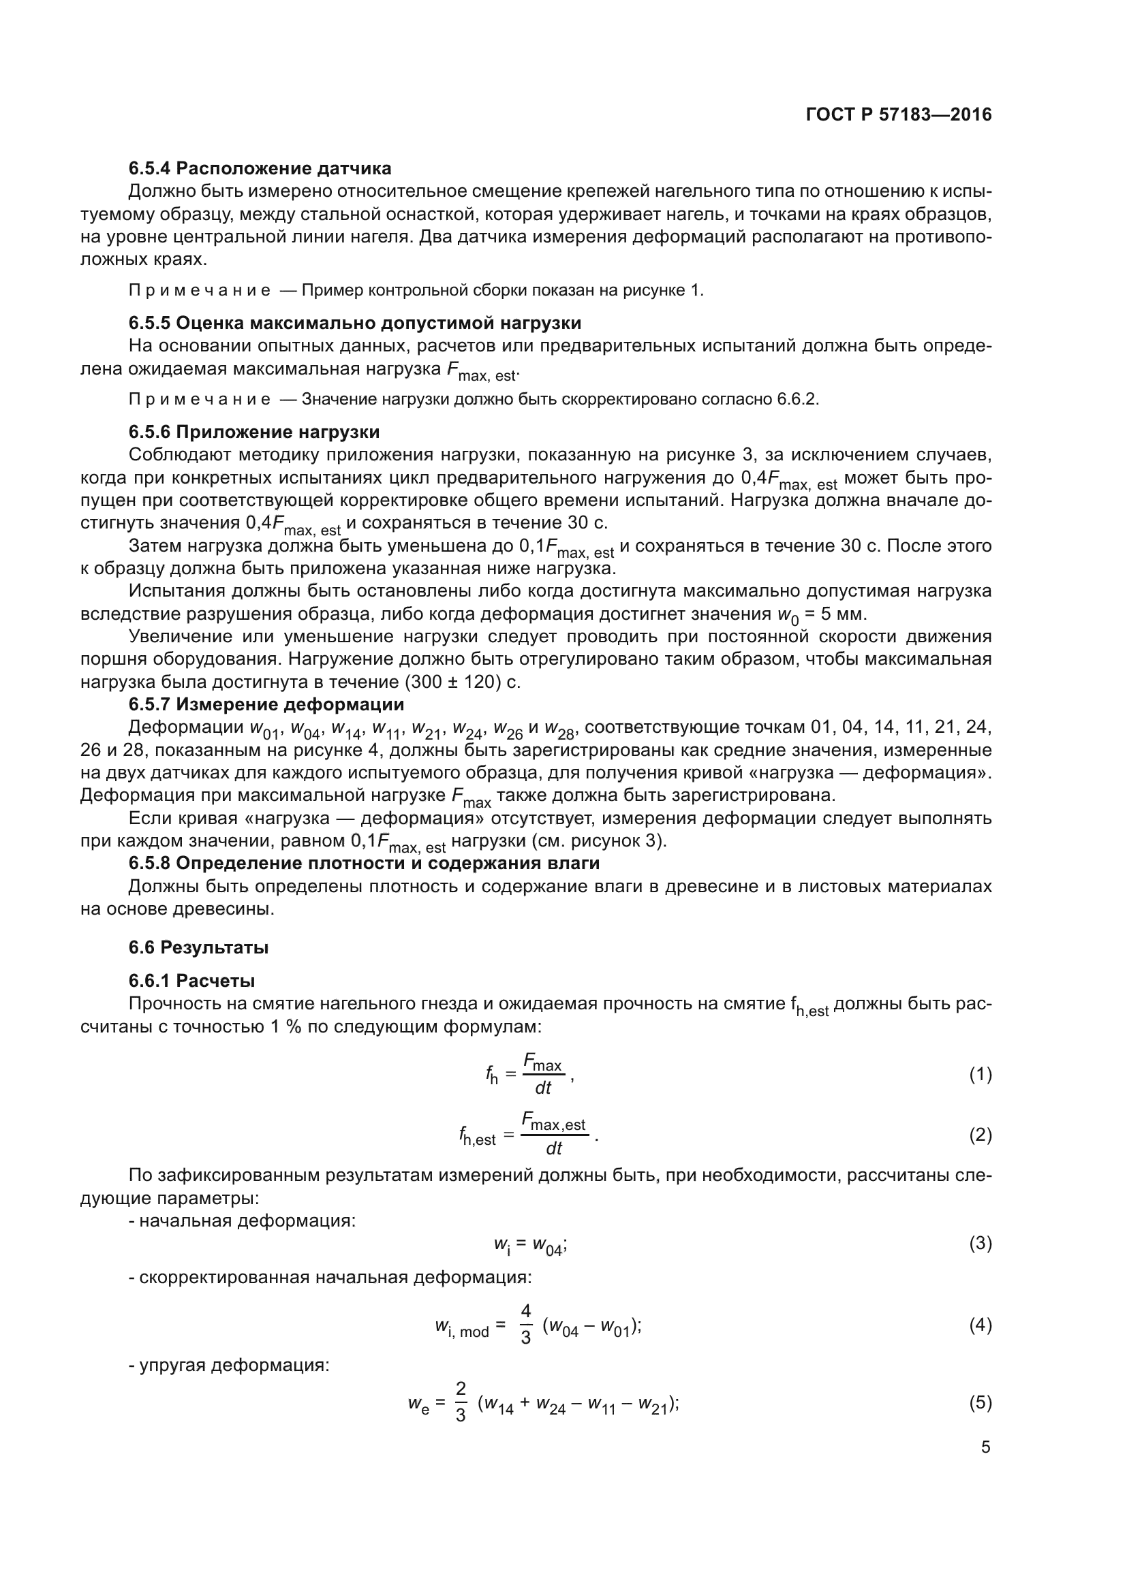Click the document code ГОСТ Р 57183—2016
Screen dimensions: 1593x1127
pyautogui.click(x=899, y=115)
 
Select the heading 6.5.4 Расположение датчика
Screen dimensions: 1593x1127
pyautogui.click(x=260, y=169)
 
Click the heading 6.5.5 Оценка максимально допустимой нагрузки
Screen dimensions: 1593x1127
pyautogui.click(x=354, y=324)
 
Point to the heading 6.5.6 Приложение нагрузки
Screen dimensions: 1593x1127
pyautogui.click(x=254, y=432)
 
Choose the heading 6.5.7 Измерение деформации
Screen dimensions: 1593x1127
pyautogui.click(x=266, y=705)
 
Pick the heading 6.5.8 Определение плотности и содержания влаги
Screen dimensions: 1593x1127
pyautogui.click(x=365, y=864)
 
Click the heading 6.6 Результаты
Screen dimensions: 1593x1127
pyautogui.click(x=198, y=948)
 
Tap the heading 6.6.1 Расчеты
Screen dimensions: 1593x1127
pyautogui.click(x=191, y=981)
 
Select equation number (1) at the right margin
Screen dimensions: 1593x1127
pyautogui.click(x=980, y=1075)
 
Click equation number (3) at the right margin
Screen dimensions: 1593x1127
pyautogui.click(x=980, y=1244)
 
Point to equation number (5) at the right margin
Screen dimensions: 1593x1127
pyautogui.click(x=980, y=1403)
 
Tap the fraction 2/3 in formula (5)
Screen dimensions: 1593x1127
pyautogui.click(x=461, y=1402)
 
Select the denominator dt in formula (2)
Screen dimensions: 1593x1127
pyautogui.click(x=554, y=1149)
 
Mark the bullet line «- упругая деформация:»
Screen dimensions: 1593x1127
pyautogui.click(x=229, y=1366)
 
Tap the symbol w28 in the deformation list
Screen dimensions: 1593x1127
pyautogui.click(x=561, y=729)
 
